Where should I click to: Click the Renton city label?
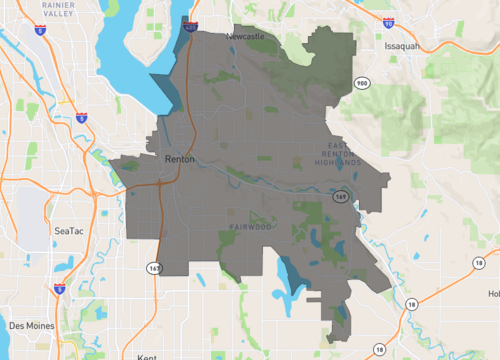[x=180, y=159]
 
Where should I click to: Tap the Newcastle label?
[x=245, y=36]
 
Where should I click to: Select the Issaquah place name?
[x=406, y=46]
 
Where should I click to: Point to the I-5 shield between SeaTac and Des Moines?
[x=59, y=289]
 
